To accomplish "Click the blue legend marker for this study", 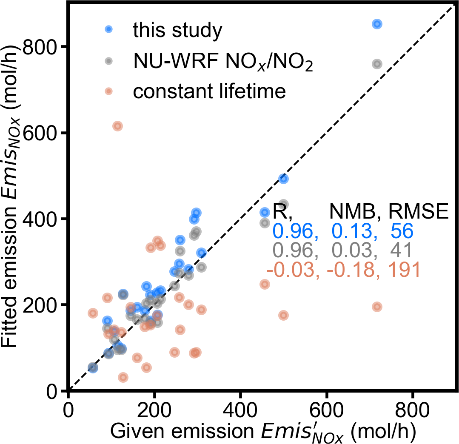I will (x=109, y=29).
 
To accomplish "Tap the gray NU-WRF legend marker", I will (x=109, y=61).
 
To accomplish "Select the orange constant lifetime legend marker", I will (x=109, y=91).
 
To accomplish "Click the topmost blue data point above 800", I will (x=376, y=24).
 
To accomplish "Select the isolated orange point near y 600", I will (x=117, y=126).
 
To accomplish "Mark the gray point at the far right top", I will (x=376, y=64).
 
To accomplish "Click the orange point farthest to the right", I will (x=376, y=307).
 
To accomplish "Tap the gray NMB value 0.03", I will (x=354, y=251).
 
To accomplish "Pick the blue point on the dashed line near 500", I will (x=283, y=179).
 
